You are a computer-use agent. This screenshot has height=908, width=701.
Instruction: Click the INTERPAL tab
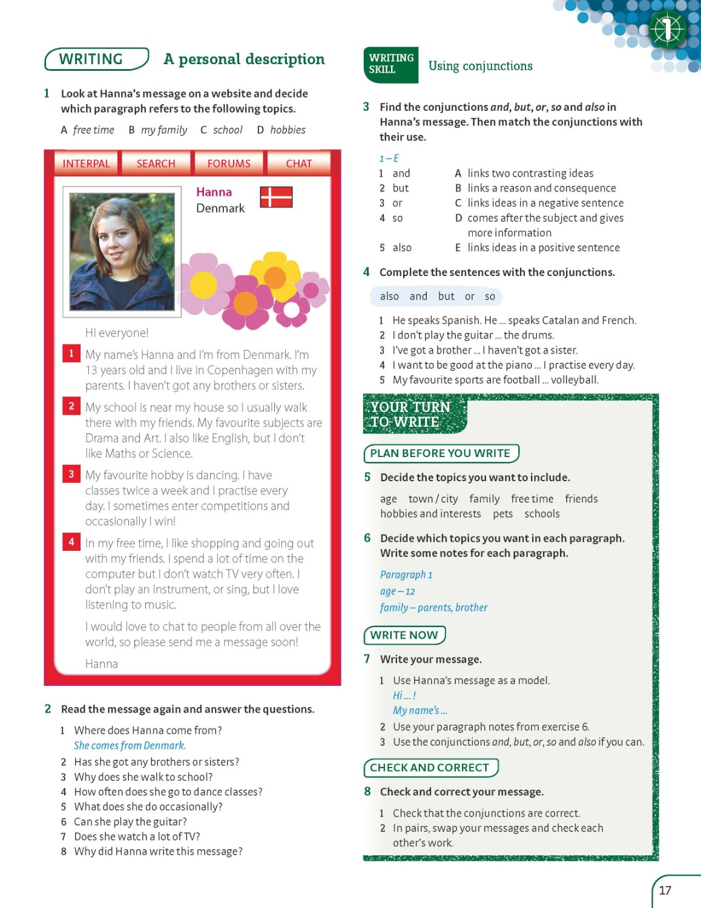(86, 163)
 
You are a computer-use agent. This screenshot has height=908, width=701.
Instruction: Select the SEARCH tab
(156, 163)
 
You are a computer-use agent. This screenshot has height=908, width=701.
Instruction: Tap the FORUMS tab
(228, 163)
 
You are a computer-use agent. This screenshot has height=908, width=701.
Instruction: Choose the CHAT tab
(298, 163)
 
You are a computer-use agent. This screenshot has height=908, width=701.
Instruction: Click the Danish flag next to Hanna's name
(276, 197)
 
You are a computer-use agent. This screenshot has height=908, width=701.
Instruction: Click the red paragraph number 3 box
(71, 474)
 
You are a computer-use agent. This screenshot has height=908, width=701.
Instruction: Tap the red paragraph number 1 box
(71, 354)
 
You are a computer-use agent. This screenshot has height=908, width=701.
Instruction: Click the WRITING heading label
(91, 59)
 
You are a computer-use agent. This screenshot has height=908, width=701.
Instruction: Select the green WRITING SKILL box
(390, 64)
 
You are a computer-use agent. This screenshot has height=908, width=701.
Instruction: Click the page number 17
(665, 890)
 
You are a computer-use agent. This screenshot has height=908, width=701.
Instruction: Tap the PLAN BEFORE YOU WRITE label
(440, 453)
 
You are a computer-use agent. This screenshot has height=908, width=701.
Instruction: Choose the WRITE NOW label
(404, 635)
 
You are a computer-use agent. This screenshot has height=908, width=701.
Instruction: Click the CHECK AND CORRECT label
(429, 768)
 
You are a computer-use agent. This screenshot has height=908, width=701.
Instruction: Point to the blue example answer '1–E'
(389, 159)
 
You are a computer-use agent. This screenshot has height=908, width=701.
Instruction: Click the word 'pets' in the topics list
(502, 514)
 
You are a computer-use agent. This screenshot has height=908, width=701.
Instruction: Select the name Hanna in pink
(214, 192)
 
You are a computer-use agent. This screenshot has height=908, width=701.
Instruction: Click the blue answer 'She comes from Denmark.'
(130, 746)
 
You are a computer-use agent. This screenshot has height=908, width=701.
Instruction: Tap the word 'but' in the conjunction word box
(446, 297)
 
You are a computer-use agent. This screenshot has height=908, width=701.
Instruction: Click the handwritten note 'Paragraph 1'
(406, 574)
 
